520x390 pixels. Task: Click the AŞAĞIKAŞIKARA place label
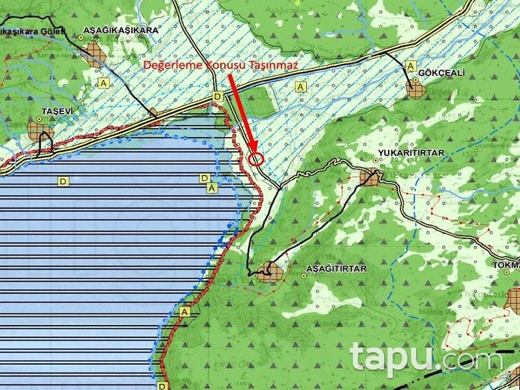120,31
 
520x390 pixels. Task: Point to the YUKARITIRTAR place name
409,153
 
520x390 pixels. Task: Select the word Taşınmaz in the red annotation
274,66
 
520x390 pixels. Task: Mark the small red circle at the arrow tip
256,157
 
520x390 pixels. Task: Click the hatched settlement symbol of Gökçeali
415,88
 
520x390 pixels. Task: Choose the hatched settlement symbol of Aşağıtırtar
267,273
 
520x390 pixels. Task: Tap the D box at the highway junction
218,96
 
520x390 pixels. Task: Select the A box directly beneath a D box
211,187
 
